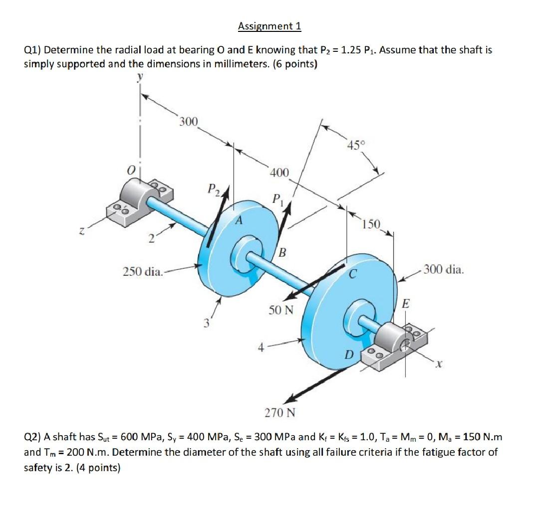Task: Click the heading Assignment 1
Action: coord(269,26)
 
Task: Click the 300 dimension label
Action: coord(189,122)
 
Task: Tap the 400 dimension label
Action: coord(279,173)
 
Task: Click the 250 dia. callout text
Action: coord(142,272)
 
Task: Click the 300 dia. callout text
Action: coord(444,270)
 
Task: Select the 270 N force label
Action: coord(279,413)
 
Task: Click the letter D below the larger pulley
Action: coord(349,354)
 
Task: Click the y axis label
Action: coord(140,76)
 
